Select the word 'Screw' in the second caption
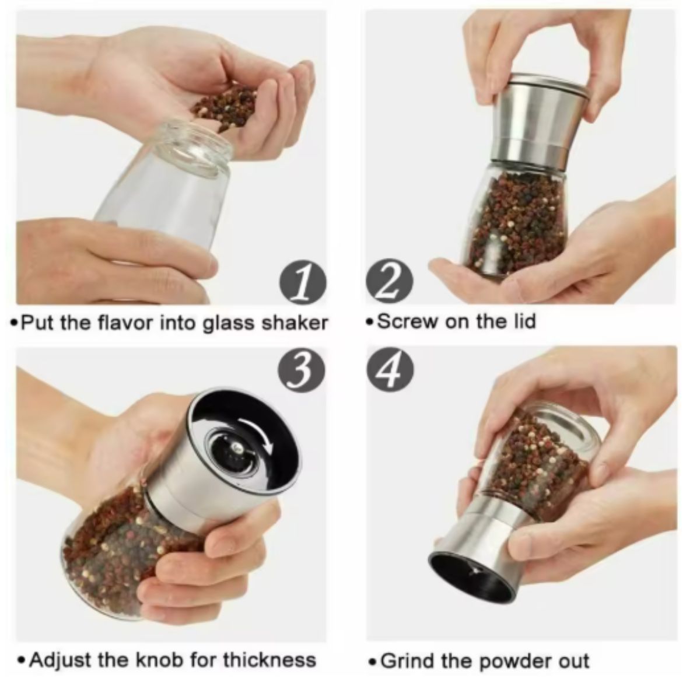click(407, 321)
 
